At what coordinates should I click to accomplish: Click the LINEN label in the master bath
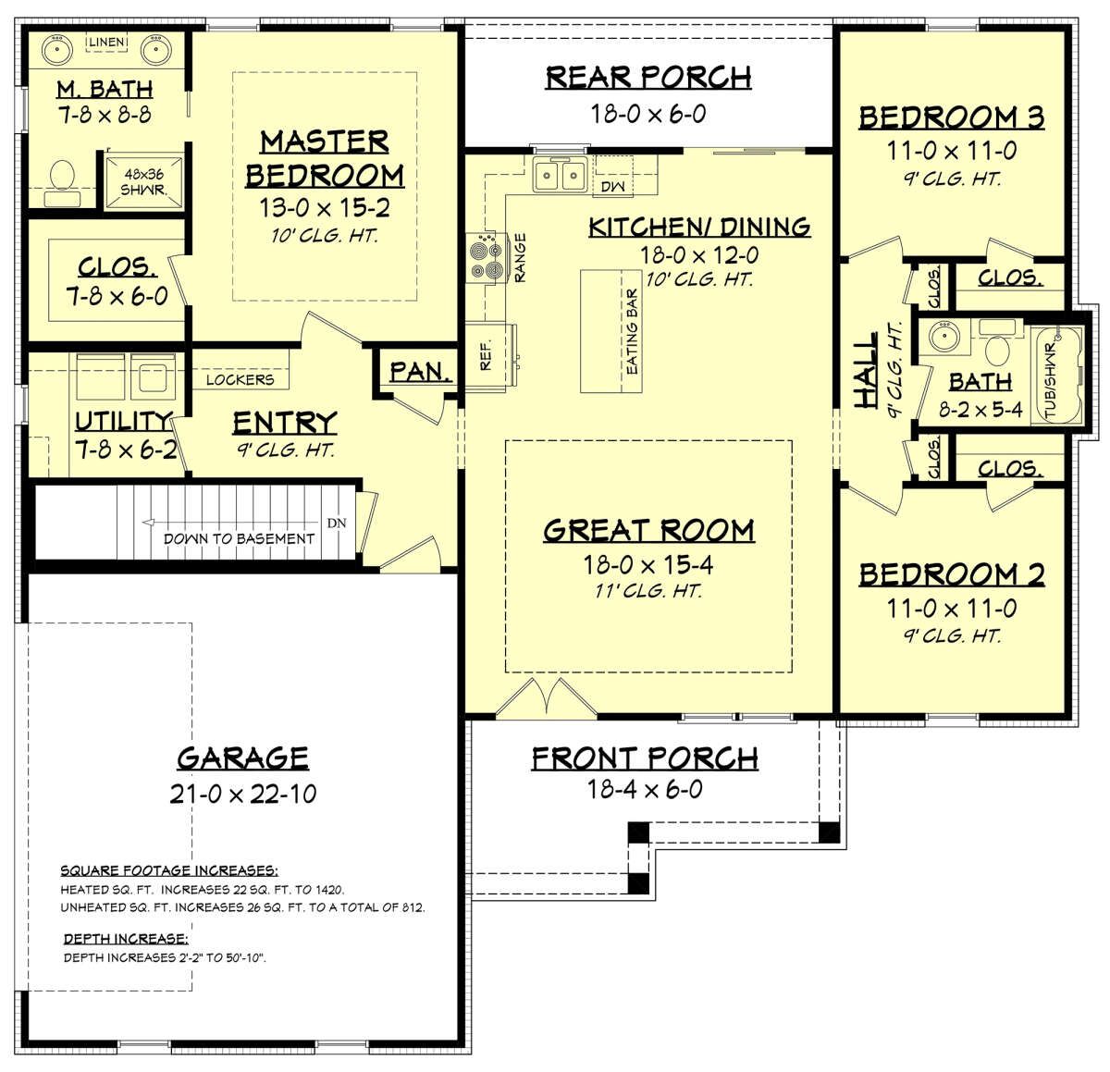click(x=106, y=43)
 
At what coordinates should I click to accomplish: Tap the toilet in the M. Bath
click(x=62, y=181)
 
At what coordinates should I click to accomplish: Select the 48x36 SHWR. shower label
click(x=144, y=182)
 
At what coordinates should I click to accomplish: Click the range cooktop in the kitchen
click(x=486, y=258)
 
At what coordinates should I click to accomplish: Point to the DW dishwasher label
click(x=613, y=187)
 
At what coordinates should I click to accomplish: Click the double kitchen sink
click(x=560, y=174)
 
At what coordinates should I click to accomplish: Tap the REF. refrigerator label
click(x=486, y=355)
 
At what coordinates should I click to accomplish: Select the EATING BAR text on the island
click(x=632, y=332)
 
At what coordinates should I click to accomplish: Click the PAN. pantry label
click(x=420, y=372)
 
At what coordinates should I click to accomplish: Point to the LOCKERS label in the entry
click(x=240, y=380)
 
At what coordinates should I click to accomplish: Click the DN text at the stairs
click(x=337, y=523)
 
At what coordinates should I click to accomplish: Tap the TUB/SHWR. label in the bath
click(x=1051, y=382)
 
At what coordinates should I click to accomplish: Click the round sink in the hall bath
click(x=944, y=337)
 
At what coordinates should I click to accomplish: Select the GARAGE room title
click(x=243, y=759)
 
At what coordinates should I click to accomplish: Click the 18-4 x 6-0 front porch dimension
click(x=645, y=790)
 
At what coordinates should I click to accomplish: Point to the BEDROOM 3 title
click(x=952, y=118)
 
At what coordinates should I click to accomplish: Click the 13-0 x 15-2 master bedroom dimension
click(x=325, y=208)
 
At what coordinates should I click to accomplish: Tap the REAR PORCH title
click(x=648, y=78)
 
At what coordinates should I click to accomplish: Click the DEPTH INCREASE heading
click(x=126, y=939)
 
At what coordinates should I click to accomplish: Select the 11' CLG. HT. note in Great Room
click(x=648, y=591)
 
